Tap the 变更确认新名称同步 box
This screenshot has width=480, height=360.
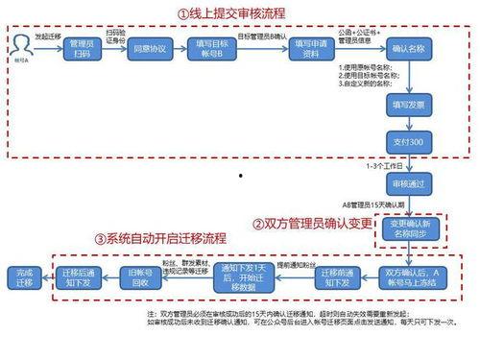point(411,231)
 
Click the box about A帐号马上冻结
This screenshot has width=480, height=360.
point(411,276)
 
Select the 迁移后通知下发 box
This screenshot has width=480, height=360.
point(79,277)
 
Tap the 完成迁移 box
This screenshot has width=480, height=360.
point(23,277)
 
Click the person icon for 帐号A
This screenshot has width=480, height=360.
point(21,44)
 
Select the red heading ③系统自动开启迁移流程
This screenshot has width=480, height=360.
point(160,237)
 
